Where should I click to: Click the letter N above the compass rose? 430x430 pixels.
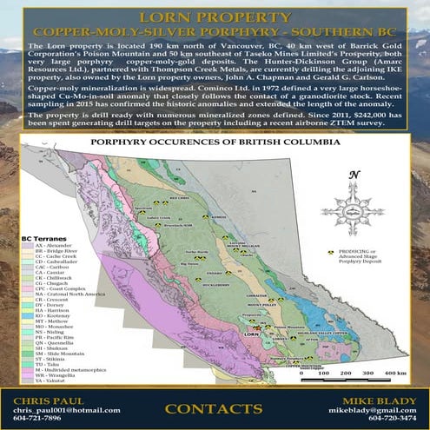354,175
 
